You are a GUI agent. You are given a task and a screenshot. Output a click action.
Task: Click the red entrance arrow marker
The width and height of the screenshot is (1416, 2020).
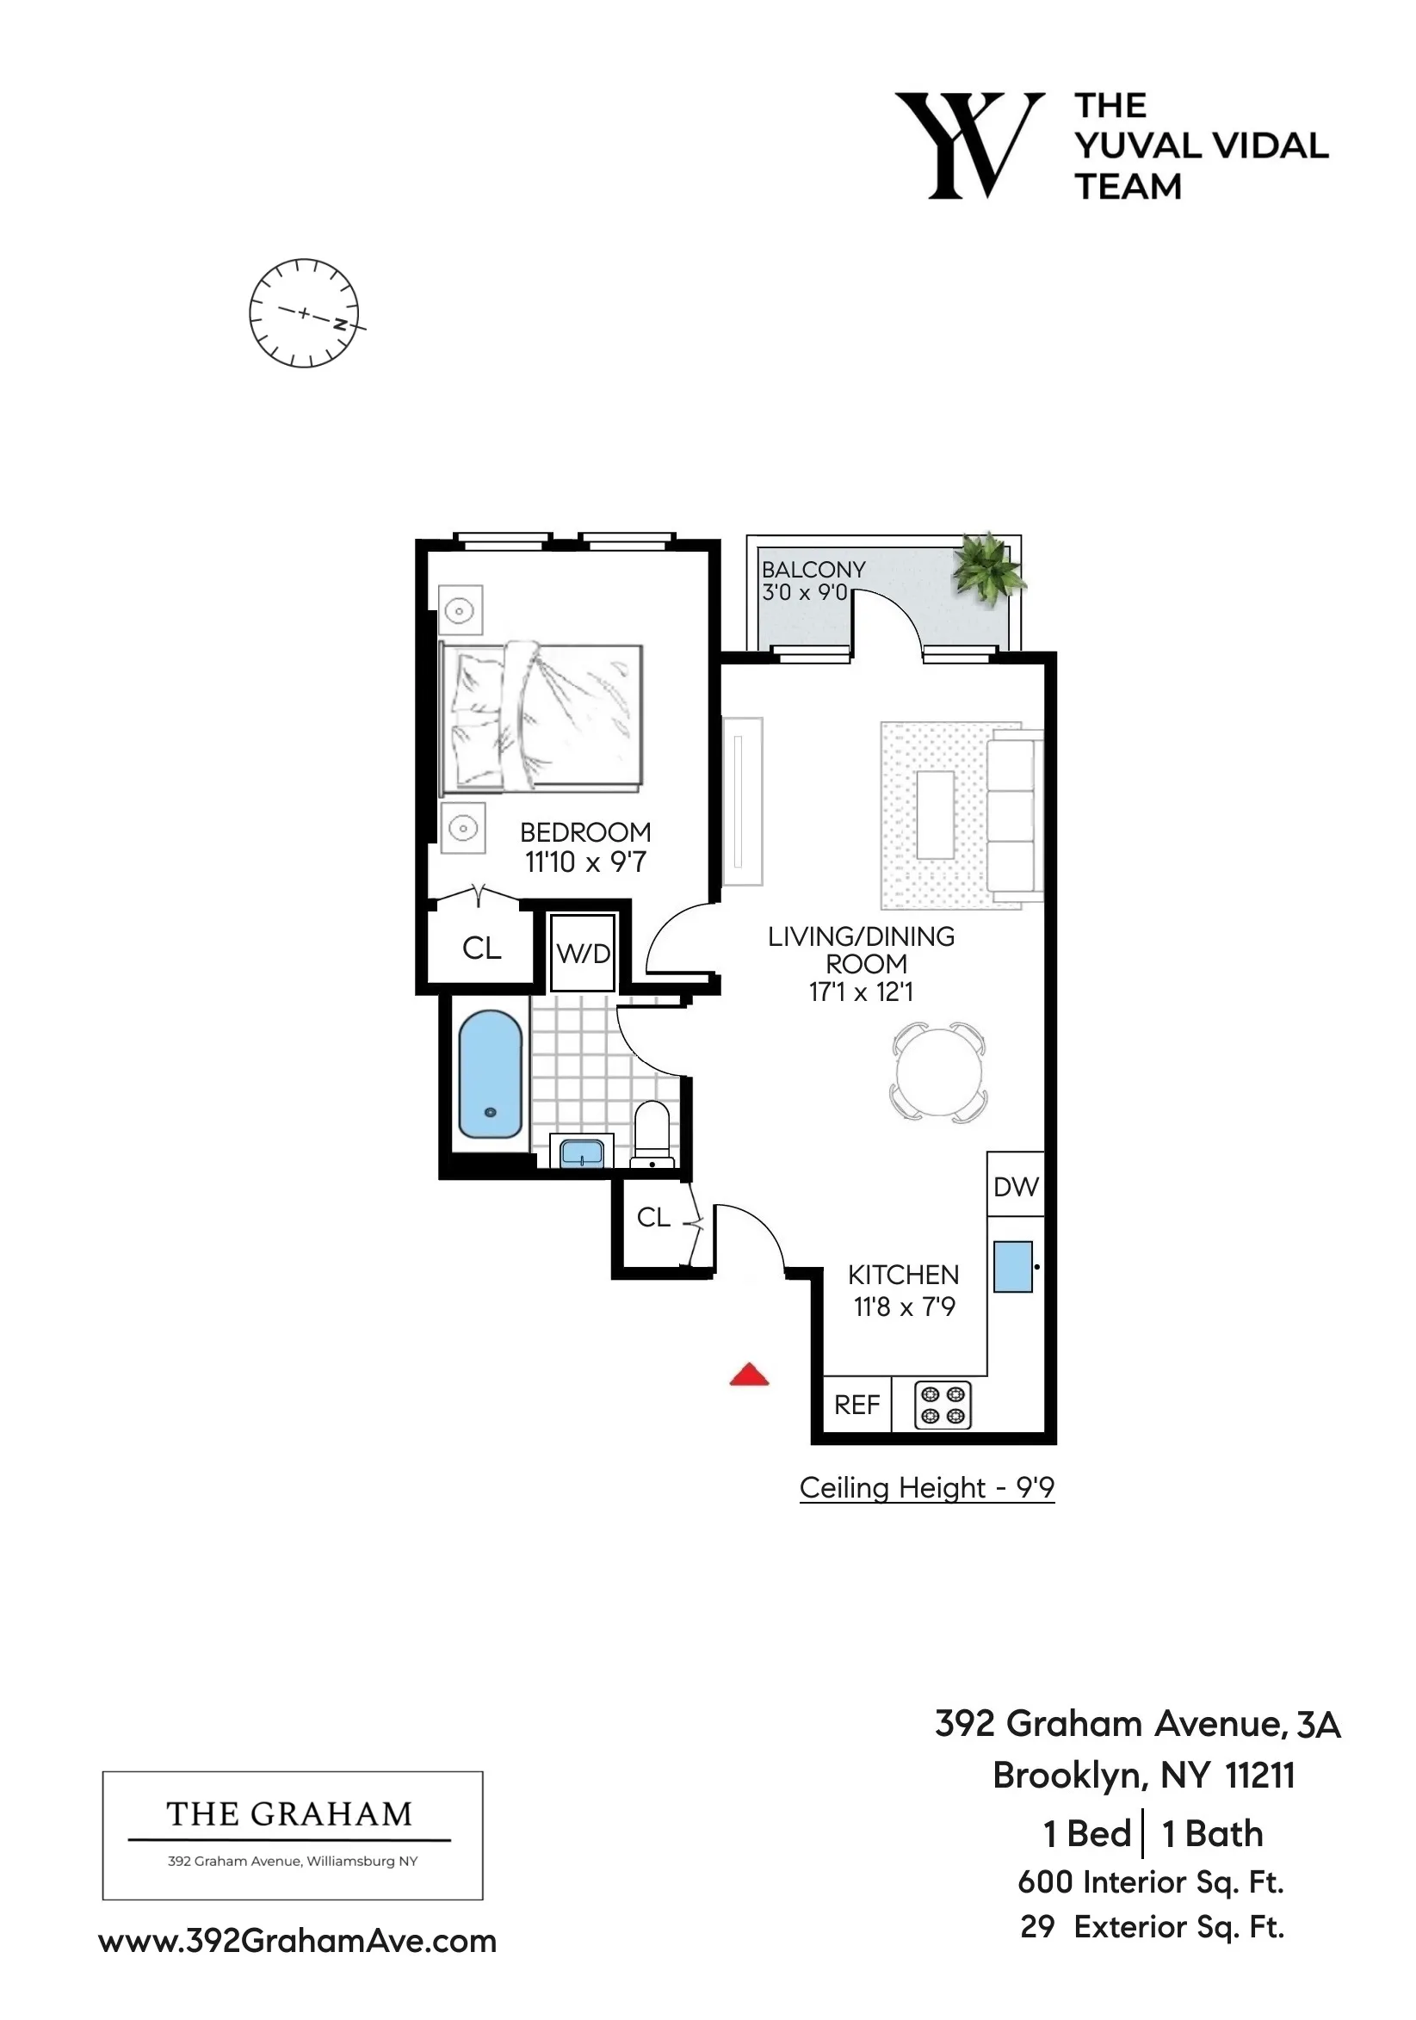click(x=749, y=1375)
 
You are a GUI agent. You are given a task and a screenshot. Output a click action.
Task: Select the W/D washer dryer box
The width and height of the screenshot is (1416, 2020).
click(x=583, y=954)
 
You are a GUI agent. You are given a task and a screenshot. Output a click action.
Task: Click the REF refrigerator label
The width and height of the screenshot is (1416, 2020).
click(x=856, y=1405)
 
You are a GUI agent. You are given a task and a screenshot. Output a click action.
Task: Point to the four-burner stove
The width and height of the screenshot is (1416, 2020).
click(x=943, y=1405)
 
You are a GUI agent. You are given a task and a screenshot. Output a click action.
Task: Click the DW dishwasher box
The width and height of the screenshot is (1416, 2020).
click(x=1016, y=1187)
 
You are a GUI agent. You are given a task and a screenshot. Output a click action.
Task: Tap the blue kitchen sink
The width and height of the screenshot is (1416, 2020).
click(x=1012, y=1267)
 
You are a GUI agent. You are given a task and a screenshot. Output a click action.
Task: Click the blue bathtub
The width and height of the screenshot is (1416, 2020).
click(x=490, y=1074)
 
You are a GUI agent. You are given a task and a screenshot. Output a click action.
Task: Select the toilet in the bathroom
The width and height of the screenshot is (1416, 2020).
click(x=652, y=1134)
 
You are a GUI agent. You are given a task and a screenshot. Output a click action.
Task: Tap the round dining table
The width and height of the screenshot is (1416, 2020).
click(x=938, y=1072)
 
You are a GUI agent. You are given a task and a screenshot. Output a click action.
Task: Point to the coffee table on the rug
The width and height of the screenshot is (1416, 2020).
click(x=935, y=815)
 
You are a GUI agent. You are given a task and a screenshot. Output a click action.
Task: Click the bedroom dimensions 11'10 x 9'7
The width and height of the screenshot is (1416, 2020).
click(x=585, y=862)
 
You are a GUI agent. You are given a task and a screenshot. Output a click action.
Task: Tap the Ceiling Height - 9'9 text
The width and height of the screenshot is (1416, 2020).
click(x=926, y=1488)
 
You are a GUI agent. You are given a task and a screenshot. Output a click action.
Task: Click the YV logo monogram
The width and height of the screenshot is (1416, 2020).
click(x=969, y=145)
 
